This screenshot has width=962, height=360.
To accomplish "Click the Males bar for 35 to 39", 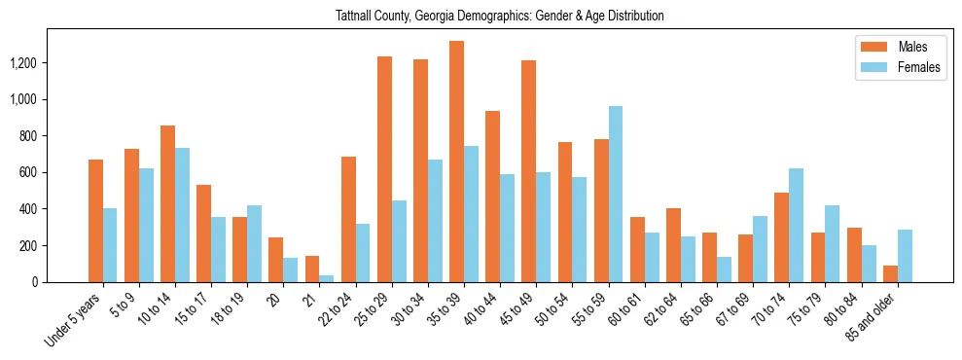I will point(456,162).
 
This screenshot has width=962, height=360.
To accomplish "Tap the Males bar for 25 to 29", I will point(384,169).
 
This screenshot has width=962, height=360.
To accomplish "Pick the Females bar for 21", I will point(326,278).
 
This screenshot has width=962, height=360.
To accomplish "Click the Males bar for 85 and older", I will point(890,273).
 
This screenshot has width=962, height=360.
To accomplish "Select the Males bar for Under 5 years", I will point(95,221).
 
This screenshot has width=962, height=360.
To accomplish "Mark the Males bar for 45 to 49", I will point(528,171).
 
